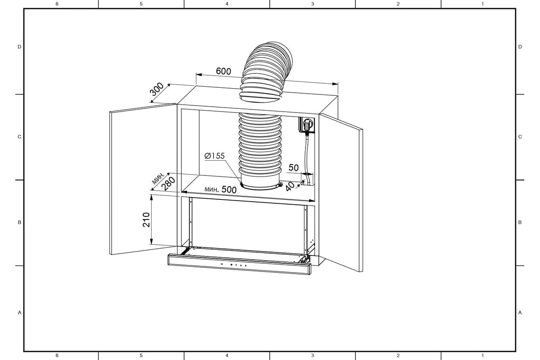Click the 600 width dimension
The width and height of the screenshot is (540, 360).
(224, 71)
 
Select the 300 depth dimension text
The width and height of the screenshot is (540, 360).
(157, 89)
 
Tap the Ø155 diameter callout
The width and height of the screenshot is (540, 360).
(215, 156)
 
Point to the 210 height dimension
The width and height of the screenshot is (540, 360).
(146, 220)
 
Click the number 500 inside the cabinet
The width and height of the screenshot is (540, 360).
(229, 189)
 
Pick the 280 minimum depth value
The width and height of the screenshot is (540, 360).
(168, 184)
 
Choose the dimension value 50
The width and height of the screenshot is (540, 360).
(293, 167)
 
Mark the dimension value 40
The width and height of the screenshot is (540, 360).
(290, 186)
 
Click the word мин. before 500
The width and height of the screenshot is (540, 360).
(212, 189)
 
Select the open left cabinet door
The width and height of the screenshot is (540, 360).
(143, 179)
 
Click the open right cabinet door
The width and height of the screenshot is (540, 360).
(341, 192)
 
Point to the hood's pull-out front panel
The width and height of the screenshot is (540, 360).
(239, 264)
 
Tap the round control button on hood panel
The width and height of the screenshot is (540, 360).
(231, 265)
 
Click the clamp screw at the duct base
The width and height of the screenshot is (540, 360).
(280, 184)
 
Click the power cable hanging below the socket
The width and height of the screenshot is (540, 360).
(307, 159)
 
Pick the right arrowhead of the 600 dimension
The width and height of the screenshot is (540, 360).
(335, 84)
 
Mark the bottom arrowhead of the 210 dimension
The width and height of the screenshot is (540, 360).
(151, 241)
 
